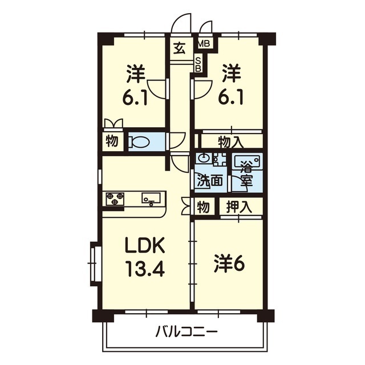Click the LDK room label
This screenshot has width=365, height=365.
coord(145,246)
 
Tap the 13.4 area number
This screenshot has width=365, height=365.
coord(145,267)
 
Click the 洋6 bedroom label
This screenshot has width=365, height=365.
coord(229,264)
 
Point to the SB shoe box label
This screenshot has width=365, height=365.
coord(198,64)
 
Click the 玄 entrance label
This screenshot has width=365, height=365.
coord(180,48)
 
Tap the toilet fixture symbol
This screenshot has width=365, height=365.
coord(140,141)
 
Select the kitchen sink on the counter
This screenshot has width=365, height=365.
coord(151,199)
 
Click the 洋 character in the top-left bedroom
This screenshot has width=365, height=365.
coord(136,74)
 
